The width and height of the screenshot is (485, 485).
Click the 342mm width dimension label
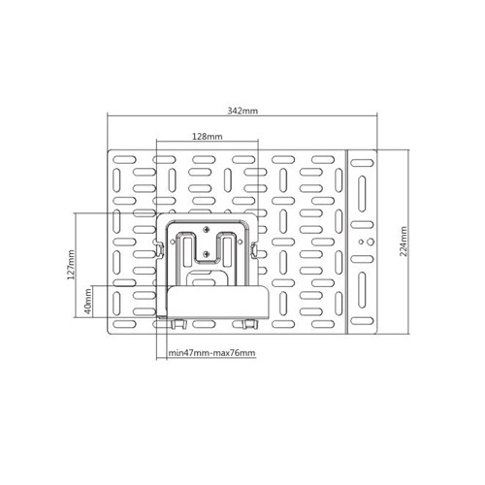click(x=242, y=111)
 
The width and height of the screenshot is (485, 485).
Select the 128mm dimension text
click(x=208, y=137)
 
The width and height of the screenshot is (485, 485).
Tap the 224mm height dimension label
click(x=404, y=242)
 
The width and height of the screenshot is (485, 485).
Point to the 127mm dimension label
click(x=72, y=265)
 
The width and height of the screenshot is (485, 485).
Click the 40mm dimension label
click(x=88, y=302)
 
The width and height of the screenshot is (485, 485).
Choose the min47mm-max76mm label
click(x=211, y=353)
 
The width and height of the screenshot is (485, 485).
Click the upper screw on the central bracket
click(x=207, y=230)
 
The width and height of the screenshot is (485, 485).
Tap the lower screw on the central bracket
click(x=207, y=253)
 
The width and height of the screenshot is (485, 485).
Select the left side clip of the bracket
click(x=160, y=249)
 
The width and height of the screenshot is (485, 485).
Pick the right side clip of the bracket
click(x=254, y=250)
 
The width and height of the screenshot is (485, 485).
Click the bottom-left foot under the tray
click(x=178, y=324)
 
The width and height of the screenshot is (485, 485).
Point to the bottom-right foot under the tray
click(x=250, y=324)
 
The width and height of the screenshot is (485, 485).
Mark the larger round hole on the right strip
click(x=371, y=242)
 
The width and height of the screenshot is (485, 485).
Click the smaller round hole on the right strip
click(x=361, y=242)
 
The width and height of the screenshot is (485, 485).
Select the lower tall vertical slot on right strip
click(x=362, y=290)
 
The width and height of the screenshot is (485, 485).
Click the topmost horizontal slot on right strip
click(x=362, y=163)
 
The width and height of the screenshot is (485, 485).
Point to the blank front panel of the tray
click(x=217, y=302)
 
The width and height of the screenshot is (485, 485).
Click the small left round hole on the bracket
click(x=173, y=242)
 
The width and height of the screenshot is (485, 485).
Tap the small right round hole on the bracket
click(x=241, y=242)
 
